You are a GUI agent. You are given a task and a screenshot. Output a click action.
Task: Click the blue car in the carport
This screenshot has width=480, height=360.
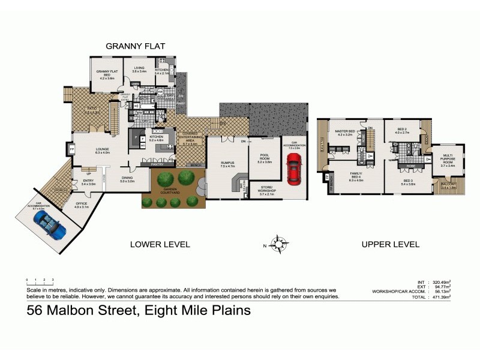click(47, 224)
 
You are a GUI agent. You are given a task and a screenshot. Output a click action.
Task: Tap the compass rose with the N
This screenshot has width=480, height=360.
click(277, 245)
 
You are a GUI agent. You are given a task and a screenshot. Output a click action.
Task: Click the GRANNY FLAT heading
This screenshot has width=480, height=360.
click(136, 46)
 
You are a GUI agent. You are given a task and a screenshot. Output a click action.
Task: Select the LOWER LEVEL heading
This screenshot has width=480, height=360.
click(160, 244)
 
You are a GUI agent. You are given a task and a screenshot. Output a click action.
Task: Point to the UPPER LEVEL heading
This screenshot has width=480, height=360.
click(389, 244)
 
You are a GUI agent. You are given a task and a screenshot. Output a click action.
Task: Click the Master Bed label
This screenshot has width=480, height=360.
click(347, 133)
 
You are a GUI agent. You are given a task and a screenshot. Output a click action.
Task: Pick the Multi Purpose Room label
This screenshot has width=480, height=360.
click(448, 159)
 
